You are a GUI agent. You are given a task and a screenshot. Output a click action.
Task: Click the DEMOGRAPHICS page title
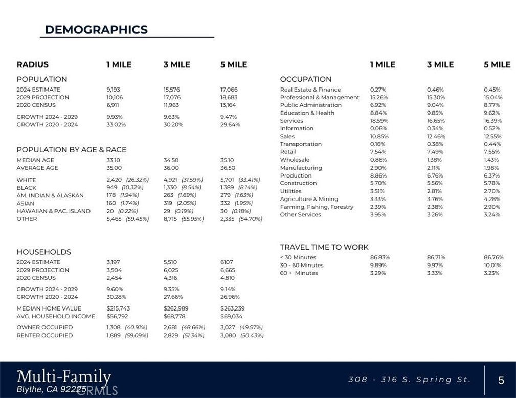(96, 30)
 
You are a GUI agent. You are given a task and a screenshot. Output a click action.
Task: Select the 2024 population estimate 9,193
(114, 90)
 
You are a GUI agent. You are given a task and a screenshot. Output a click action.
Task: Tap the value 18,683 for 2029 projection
(229, 97)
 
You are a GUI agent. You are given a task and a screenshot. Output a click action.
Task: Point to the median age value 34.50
(171, 160)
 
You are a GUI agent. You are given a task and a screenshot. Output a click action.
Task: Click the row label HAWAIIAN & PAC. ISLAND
(54, 211)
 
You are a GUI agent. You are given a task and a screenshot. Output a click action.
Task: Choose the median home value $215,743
(118, 308)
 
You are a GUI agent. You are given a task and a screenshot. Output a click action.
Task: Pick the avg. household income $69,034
(232, 316)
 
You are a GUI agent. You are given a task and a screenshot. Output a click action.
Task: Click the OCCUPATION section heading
(306, 79)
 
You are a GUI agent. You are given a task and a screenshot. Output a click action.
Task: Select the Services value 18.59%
(379, 121)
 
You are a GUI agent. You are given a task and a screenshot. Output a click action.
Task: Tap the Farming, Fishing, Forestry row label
(317, 207)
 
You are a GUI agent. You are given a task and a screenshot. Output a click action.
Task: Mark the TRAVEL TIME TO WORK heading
(324, 247)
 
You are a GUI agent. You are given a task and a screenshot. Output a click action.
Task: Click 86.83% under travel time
(379, 257)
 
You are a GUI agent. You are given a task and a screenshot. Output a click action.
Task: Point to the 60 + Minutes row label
(299, 273)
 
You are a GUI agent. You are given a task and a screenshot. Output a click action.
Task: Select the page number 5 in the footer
(501, 380)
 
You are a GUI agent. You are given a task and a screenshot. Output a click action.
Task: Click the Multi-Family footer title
(64, 377)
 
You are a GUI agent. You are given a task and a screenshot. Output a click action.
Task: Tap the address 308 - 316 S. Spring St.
(409, 380)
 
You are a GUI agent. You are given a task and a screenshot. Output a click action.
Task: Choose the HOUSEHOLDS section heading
(44, 252)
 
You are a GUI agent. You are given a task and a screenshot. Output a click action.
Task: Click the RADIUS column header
(33, 64)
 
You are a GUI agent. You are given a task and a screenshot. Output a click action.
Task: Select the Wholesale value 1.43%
(492, 160)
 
